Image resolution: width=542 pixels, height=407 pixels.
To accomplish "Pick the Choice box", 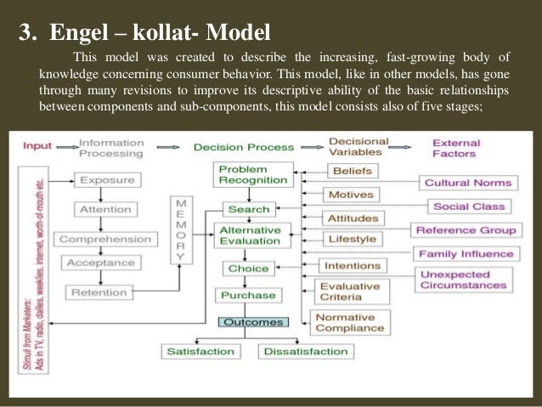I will click(x=247, y=269).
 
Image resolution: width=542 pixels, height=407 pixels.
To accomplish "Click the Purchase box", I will click(x=247, y=296).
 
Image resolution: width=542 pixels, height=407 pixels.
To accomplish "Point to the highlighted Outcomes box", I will click(x=253, y=323).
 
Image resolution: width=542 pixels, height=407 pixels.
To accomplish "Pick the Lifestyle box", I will click(x=351, y=240).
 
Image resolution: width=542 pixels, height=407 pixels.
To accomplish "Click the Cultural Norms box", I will click(x=468, y=183).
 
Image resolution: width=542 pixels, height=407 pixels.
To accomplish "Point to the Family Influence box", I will click(x=464, y=254).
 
